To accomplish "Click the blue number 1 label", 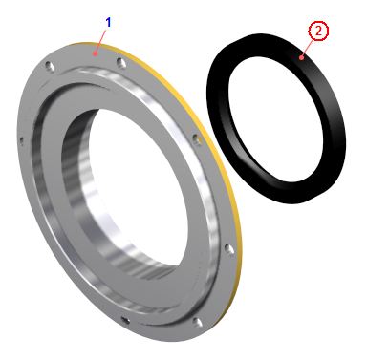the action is click(x=109, y=23).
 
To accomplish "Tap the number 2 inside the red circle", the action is click(x=317, y=31).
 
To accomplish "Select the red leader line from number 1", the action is click(x=100, y=40).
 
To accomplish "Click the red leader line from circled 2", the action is click(x=308, y=48).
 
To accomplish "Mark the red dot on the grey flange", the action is click(x=94, y=53).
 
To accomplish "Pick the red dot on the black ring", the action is click(x=301, y=57).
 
